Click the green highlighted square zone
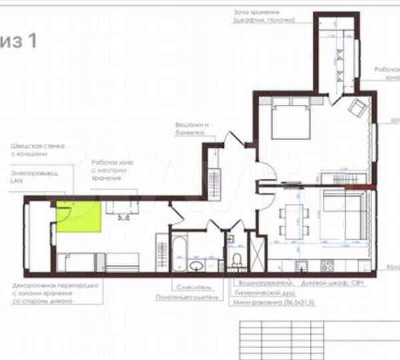tap(78, 215)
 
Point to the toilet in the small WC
tap(238, 259)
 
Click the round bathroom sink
tap(196, 266)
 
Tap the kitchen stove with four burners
tap(327, 266)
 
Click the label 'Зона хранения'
tap(256, 12)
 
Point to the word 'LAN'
tap(17, 181)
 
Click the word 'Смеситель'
tap(194, 287)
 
